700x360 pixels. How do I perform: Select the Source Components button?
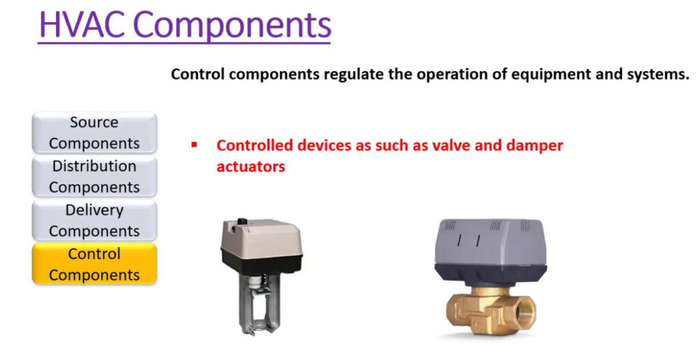click(x=94, y=133)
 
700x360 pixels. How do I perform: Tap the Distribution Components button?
click(x=94, y=176)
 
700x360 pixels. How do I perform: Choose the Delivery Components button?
click(x=94, y=221)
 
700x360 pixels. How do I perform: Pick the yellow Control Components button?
click(x=94, y=264)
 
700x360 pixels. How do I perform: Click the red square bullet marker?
click(x=194, y=145)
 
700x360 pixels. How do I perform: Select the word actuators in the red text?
click(x=250, y=167)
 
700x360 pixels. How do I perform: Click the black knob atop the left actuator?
click(x=242, y=221)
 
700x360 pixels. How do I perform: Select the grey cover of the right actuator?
click(x=491, y=243)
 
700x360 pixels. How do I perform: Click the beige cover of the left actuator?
click(x=261, y=236)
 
